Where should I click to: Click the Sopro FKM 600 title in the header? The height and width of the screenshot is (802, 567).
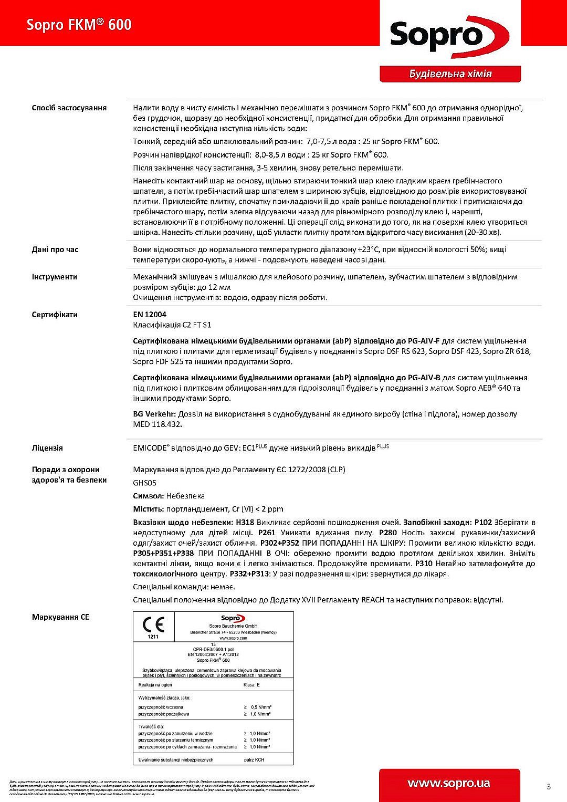tap(79, 25)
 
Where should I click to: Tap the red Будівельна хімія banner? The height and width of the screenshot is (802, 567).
tap(450, 74)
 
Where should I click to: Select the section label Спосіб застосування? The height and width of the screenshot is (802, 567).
tap(69, 108)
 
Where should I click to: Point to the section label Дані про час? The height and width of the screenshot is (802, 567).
tap(55, 249)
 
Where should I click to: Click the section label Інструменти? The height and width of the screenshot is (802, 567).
tap(54, 277)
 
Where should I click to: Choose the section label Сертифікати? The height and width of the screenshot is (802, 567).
tap(54, 315)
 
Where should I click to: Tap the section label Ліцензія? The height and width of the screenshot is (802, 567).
tap(47, 448)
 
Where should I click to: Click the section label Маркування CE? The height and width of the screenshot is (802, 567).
tap(60, 617)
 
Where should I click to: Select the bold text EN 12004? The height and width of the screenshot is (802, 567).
tap(150, 315)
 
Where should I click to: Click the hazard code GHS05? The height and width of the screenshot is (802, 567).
tap(144, 483)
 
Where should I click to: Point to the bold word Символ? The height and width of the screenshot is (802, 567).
tap(149, 496)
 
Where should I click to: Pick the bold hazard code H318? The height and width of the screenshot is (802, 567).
tap(245, 522)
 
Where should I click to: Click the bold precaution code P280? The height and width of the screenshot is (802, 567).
tap(387, 533)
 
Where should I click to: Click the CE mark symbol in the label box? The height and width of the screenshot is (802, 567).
tap(153, 624)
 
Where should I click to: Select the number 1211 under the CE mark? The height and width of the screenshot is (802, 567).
tap(153, 637)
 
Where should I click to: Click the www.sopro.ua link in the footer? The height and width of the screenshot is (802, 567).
tap(449, 784)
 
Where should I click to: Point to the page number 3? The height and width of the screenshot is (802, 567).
tap(549, 787)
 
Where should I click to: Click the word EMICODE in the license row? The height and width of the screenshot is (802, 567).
tap(150, 448)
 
